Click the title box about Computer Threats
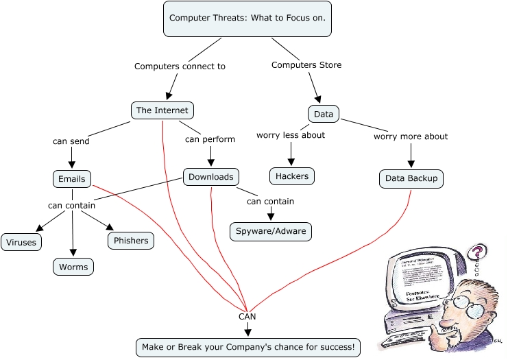click(247, 19)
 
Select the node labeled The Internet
click(162, 110)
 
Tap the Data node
click(323, 114)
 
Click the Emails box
click(72, 179)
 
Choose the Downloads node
click(211, 177)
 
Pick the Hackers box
click(292, 176)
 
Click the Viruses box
click(22, 242)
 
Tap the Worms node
click(73, 266)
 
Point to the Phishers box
click(130, 241)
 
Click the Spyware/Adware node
click(271, 231)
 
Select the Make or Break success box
click(247, 348)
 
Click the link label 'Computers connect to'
click(180, 67)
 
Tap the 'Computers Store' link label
click(306, 65)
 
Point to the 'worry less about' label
click(291, 135)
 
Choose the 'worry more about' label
click(411, 136)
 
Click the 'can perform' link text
click(210, 139)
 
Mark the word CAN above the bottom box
click(247, 317)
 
